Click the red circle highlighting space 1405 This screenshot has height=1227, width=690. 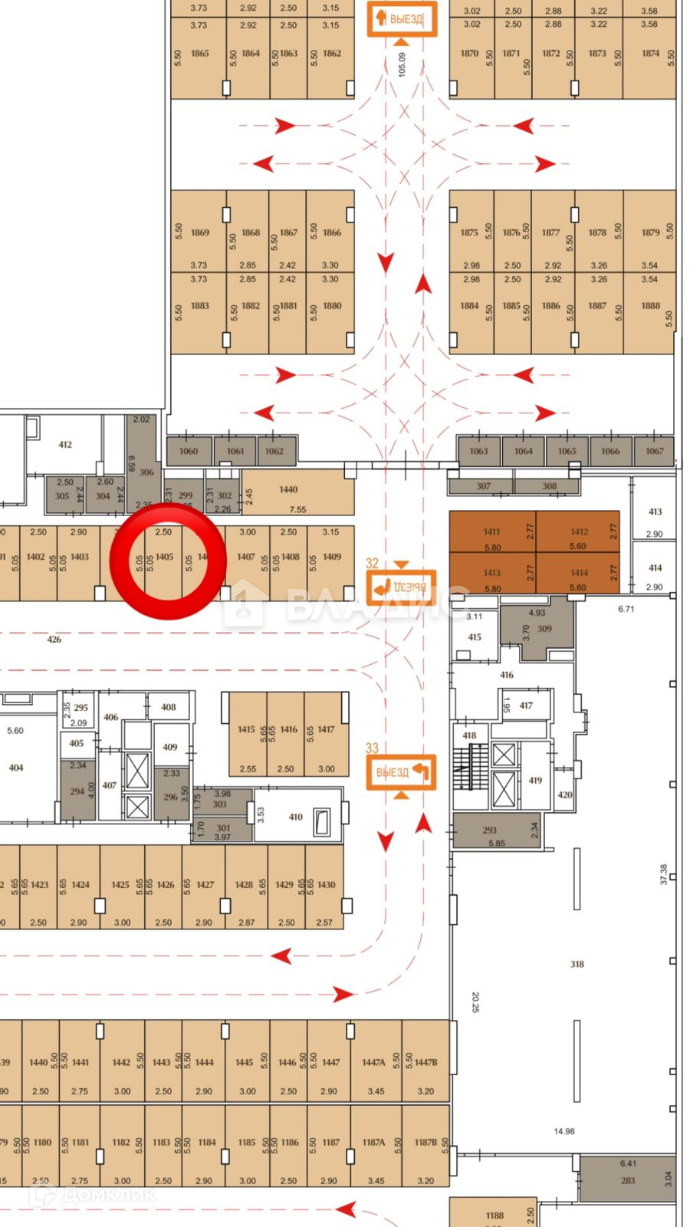click(x=168, y=561)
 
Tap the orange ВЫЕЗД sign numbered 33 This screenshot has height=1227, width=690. click(x=401, y=771)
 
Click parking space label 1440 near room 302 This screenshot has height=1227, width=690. click(x=288, y=489)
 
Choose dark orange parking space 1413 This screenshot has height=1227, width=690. click(x=492, y=573)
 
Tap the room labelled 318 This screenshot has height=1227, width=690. click(x=577, y=964)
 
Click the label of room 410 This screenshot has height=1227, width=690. click(x=296, y=817)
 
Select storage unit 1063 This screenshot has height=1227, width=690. click(x=478, y=451)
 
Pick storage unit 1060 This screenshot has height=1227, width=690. click(x=189, y=451)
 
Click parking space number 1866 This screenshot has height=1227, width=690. click(x=332, y=232)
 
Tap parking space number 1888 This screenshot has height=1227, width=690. click(x=651, y=305)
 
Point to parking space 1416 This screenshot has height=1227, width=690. click(x=288, y=729)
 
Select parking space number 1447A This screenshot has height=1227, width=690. click(x=373, y=1062)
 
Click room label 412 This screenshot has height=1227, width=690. click(x=65, y=444)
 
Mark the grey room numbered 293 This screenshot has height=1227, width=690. click(x=490, y=830)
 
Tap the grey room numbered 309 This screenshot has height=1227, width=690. click(x=544, y=629)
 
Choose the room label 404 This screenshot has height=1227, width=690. click(x=16, y=767)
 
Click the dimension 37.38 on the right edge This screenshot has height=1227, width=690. click(x=664, y=874)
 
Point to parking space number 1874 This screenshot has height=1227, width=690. click(x=651, y=54)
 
